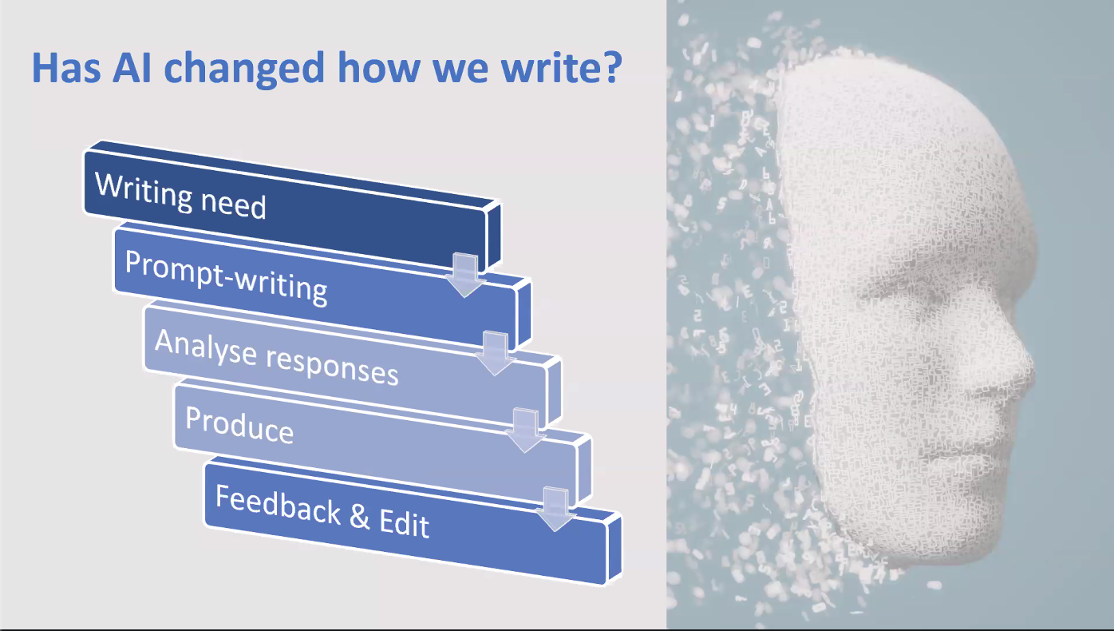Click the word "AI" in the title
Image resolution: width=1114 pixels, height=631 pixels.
[132, 67]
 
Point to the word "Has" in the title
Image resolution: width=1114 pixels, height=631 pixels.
[66, 67]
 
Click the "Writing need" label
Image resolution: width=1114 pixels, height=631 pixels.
[180, 195]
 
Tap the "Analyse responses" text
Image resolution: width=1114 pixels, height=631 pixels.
[277, 357]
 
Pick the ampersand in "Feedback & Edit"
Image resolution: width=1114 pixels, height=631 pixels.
[360, 516]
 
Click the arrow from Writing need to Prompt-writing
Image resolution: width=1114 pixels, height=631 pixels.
[465, 276]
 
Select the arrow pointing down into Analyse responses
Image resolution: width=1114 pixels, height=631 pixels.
[496, 353]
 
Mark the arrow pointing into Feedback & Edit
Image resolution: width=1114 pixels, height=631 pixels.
[555, 509]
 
